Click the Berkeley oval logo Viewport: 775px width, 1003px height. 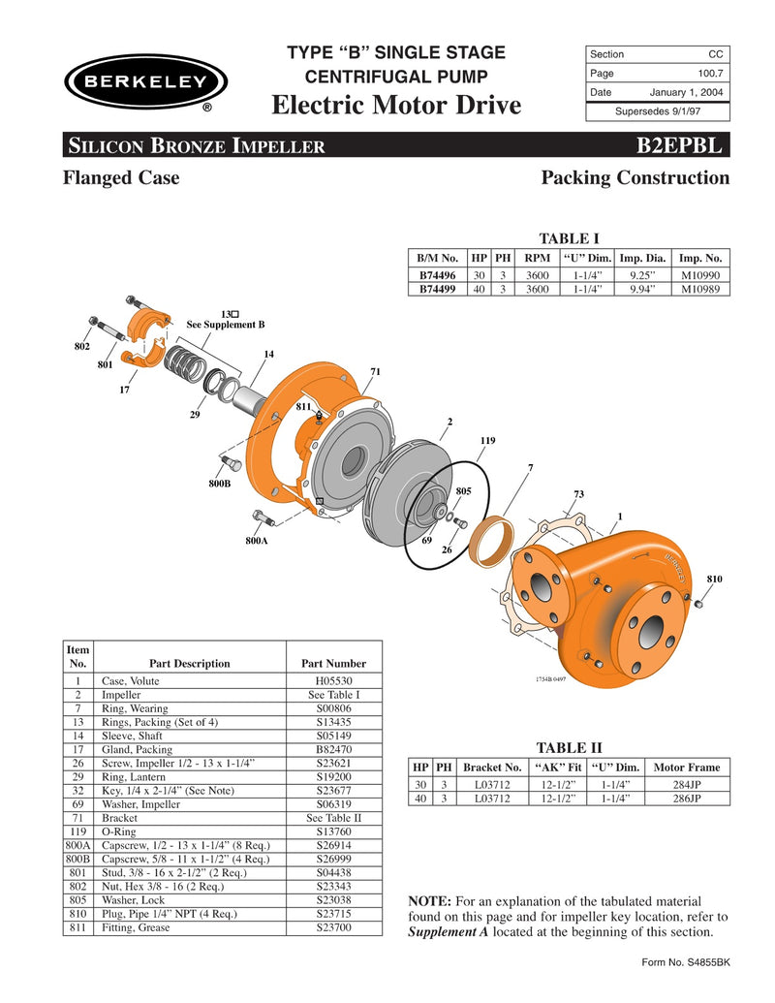(146, 82)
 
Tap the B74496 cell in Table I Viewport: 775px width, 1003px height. (438, 275)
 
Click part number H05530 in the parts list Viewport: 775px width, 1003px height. (333, 681)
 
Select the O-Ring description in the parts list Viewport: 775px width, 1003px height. (121, 831)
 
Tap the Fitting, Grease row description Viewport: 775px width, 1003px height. (136, 927)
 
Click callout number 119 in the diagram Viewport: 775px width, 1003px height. (487, 441)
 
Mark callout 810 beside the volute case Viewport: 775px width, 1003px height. (715, 579)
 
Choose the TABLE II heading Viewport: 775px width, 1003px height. (570, 747)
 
